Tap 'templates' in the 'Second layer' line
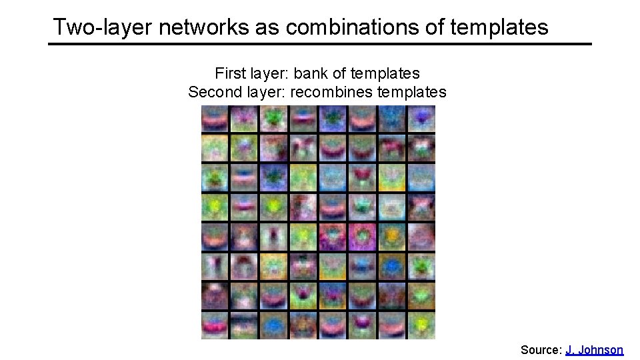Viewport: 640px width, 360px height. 411,91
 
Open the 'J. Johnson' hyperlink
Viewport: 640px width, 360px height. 594,349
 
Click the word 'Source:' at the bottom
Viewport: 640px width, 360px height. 541,349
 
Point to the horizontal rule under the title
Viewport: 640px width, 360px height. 320,44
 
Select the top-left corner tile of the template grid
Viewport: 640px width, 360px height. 215,119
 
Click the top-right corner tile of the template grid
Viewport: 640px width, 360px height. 421,119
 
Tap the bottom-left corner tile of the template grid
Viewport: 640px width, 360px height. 215,325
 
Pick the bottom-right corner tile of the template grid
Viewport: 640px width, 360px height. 421,325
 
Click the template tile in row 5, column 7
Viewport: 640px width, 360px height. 392,237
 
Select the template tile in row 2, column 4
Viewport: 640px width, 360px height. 303,148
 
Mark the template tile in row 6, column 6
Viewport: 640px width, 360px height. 363,266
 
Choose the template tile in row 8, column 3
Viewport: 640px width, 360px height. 274,325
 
